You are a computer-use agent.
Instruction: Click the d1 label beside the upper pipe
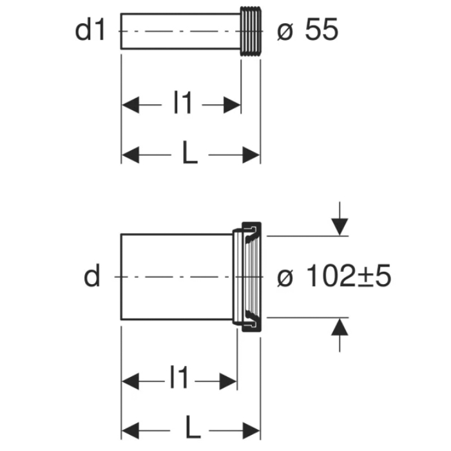click(90, 30)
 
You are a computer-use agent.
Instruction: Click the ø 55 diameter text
click(308, 30)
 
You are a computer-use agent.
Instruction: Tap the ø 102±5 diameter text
click(334, 276)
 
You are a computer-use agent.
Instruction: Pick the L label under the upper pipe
click(190, 153)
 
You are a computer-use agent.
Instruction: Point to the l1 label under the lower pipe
click(179, 377)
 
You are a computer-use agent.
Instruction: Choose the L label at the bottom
click(193, 427)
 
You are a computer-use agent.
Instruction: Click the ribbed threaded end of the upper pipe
click(251, 31)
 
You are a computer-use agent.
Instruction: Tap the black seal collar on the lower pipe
click(251, 277)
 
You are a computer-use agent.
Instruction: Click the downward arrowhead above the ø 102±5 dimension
click(340, 227)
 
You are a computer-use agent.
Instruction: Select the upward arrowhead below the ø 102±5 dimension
click(340, 327)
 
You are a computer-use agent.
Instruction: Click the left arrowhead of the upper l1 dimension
click(130, 105)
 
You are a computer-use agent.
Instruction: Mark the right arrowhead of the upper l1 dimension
click(232, 105)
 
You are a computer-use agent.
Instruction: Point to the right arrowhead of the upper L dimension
click(251, 155)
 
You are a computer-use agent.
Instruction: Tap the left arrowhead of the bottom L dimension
click(130, 431)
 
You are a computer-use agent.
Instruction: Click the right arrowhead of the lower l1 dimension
click(228, 381)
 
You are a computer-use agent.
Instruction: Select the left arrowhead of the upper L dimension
click(130, 155)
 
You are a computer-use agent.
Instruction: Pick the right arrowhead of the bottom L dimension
click(251, 431)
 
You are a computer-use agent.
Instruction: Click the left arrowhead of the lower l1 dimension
click(130, 381)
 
